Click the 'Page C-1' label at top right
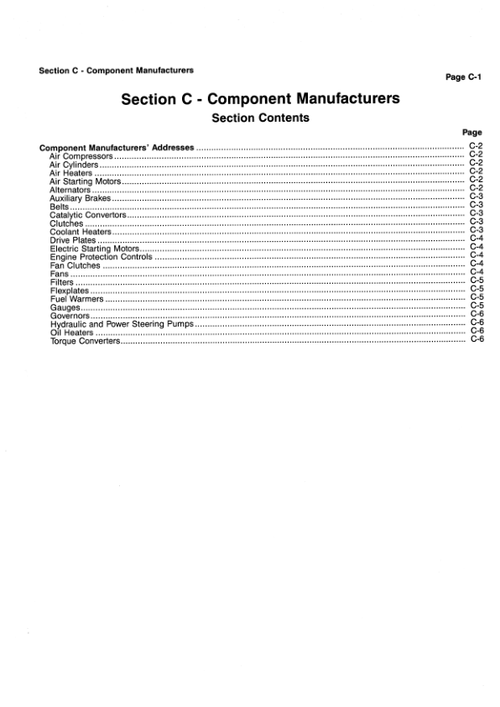click(x=461, y=76)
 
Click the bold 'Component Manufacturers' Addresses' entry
click(x=117, y=148)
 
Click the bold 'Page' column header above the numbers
click(x=472, y=133)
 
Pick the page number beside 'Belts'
click(x=476, y=206)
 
